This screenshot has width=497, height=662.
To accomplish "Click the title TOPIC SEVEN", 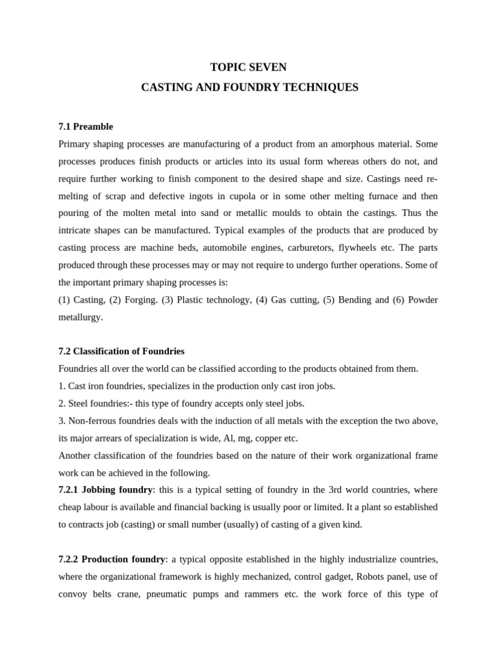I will click(x=248, y=67).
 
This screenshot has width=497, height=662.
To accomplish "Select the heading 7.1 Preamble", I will click(x=85, y=127).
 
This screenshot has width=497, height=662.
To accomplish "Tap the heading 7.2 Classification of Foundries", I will click(x=121, y=351).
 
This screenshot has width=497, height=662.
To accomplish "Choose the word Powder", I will click(x=423, y=300).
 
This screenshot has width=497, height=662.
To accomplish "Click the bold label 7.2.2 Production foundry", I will click(x=111, y=559).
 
